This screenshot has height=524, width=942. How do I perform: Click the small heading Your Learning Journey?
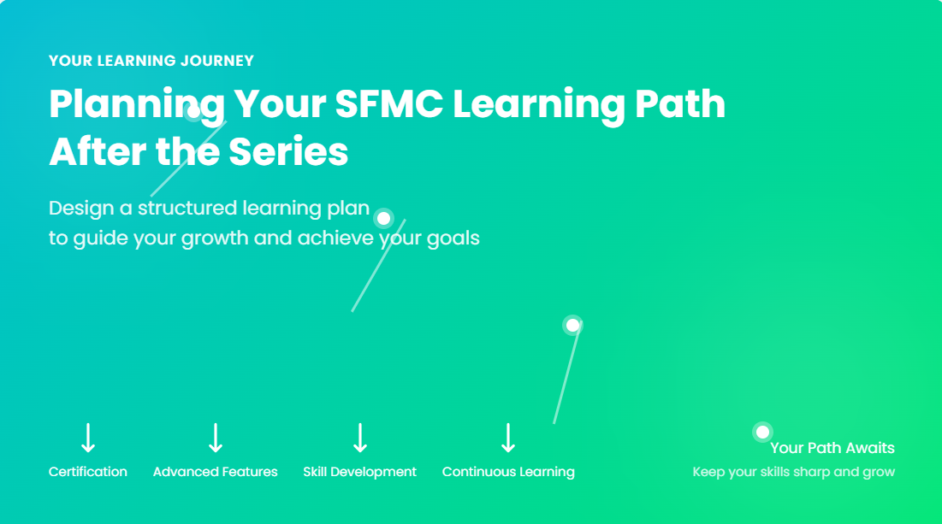(x=151, y=61)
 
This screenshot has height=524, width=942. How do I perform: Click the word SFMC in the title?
(x=388, y=103)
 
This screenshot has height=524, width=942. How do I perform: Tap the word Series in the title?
(x=288, y=151)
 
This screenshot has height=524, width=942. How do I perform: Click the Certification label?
(x=88, y=472)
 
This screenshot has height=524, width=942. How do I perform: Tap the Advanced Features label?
(x=215, y=472)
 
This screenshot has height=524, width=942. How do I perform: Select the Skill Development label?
(x=359, y=472)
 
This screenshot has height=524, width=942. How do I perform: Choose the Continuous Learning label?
(x=508, y=472)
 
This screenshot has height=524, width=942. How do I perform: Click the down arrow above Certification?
(x=88, y=438)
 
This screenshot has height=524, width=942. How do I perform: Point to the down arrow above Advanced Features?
(x=216, y=438)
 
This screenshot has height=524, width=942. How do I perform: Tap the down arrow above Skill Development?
(x=360, y=438)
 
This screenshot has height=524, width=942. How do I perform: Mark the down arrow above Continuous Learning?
(x=508, y=438)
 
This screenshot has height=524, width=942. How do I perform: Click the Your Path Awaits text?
(x=832, y=448)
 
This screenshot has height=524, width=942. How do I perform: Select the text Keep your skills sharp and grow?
(x=794, y=472)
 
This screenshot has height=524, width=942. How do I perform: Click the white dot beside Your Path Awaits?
(x=762, y=433)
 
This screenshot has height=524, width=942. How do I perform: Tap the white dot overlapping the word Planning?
(x=193, y=112)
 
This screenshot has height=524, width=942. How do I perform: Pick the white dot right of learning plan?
(x=383, y=219)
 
